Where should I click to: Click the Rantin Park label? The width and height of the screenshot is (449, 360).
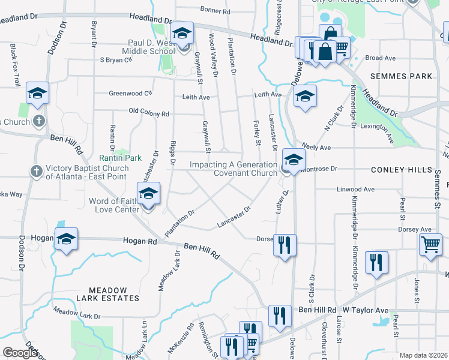click(125, 158)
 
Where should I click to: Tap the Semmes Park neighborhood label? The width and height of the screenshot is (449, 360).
click(402, 76)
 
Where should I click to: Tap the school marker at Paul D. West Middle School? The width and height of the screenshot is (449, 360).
click(182, 34)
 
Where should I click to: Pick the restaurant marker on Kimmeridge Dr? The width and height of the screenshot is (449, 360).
click(376, 262)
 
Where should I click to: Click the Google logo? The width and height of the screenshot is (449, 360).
click(20, 353)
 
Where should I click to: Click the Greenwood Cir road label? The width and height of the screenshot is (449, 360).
click(131, 93)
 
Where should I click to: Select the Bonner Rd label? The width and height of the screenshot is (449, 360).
click(215, 11)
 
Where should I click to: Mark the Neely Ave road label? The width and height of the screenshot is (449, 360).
click(316, 147)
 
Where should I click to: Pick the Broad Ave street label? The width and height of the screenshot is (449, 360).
click(381, 58)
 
